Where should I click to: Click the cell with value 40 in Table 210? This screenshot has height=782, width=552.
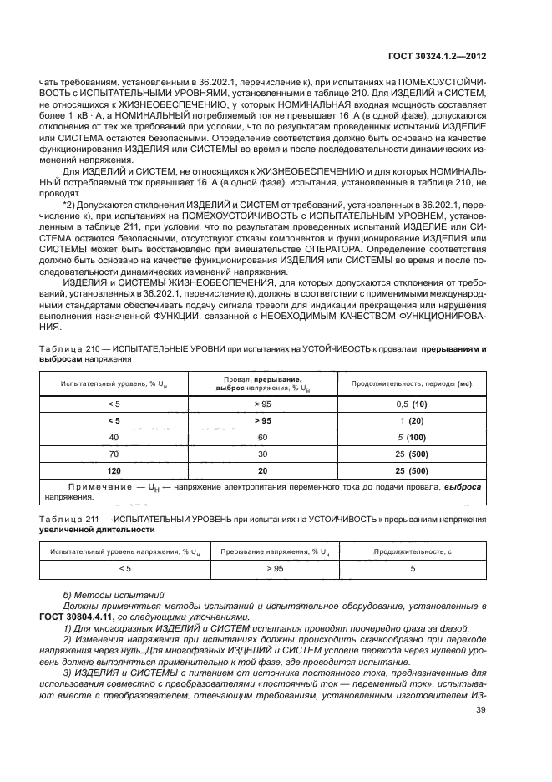pyautogui.click(x=114, y=437)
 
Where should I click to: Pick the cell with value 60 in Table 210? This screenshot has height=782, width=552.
pyautogui.click(x=263, y=437)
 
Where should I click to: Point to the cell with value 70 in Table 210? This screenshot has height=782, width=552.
pyautogui.click(x=114, y=454)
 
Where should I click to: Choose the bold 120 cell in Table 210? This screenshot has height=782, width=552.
pyautogui.click(x=114, y=470)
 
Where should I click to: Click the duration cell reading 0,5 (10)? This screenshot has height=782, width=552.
pyautogui.click(x=412, y=404)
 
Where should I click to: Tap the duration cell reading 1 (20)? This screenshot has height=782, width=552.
pyautogui.click(x=412, y=420)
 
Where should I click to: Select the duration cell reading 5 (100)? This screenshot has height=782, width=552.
pyautogui.click(x=412, y=437)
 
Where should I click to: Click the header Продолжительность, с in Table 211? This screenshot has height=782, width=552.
pyautogui.click(x=412, y=551)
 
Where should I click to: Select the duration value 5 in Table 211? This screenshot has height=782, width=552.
pyautogui.click(x=412, y=568)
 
